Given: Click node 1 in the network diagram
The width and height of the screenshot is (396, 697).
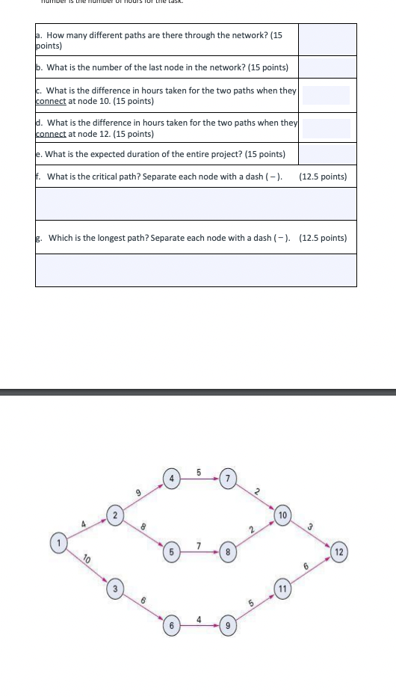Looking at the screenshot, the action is tap(54, 541).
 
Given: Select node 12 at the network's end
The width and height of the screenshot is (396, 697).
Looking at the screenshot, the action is tap(340, 553).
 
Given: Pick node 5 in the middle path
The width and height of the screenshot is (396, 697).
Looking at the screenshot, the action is tap(171, 553).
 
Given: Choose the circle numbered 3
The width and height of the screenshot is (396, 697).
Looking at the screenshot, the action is tap(114, 587).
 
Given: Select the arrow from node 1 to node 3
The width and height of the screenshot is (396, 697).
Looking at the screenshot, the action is tap(84, 565).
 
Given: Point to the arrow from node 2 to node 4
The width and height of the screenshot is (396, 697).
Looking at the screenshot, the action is tap(143, 495).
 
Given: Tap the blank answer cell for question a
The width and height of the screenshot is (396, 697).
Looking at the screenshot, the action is tap(327, 39).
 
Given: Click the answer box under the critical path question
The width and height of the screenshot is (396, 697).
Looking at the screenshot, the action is tap(196, 203).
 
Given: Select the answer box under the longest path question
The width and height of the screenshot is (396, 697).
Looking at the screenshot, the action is tap(196, 269).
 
